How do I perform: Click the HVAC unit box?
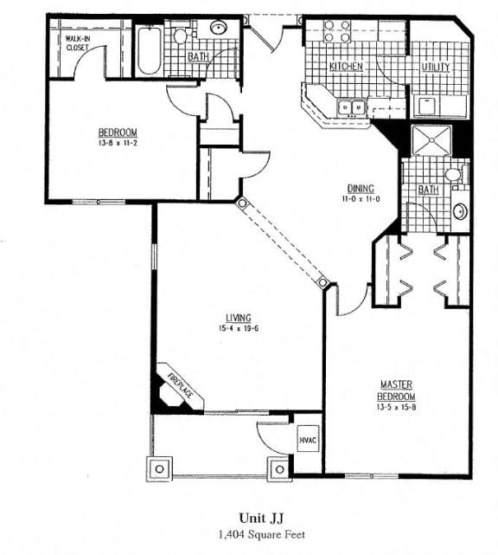(x=308, y=439)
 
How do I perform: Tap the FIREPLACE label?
(x=181, y=385)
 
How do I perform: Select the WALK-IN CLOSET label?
(x=78, y=42)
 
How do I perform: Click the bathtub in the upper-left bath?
(x=150, y=50)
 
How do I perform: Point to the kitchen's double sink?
(x=351, y=107)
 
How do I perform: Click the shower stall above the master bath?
(x=432, y=140)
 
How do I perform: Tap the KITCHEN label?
(x=346, y=66)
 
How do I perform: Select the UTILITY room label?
(x=436, y=67)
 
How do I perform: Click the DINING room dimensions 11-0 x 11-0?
(x=361, y=199)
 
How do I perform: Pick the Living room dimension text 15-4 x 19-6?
(x=239, y=328)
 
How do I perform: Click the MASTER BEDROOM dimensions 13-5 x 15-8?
(x=396, y=407)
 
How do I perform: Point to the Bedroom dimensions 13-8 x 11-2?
(x=118, y=143)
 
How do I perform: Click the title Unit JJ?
(x=261, y=518)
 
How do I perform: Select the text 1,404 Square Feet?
(x=262, y=534)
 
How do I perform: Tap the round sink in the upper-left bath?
(x=219, y=27)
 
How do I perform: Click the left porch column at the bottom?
(x=159, y=469)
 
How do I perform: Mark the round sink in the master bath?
(x=461, y=211)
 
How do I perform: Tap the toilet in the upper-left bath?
(x=182, y=35)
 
